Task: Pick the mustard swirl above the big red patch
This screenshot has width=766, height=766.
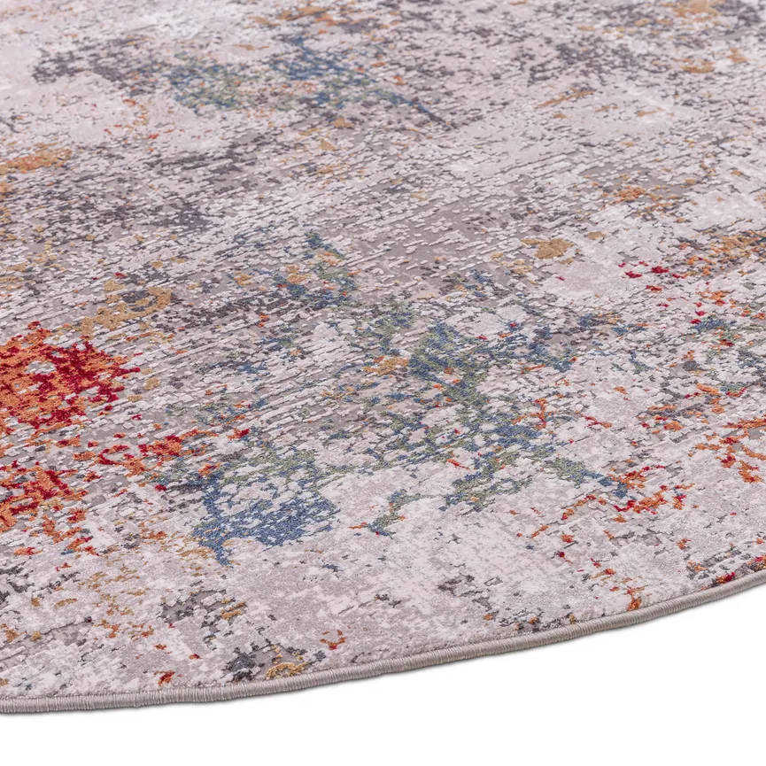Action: pos(133,306)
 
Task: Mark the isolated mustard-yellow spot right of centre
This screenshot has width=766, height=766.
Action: pos(551,248)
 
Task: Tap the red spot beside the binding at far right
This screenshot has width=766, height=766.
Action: pos(726,578)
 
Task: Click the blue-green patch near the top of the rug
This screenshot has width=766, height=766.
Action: pos(213,84)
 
